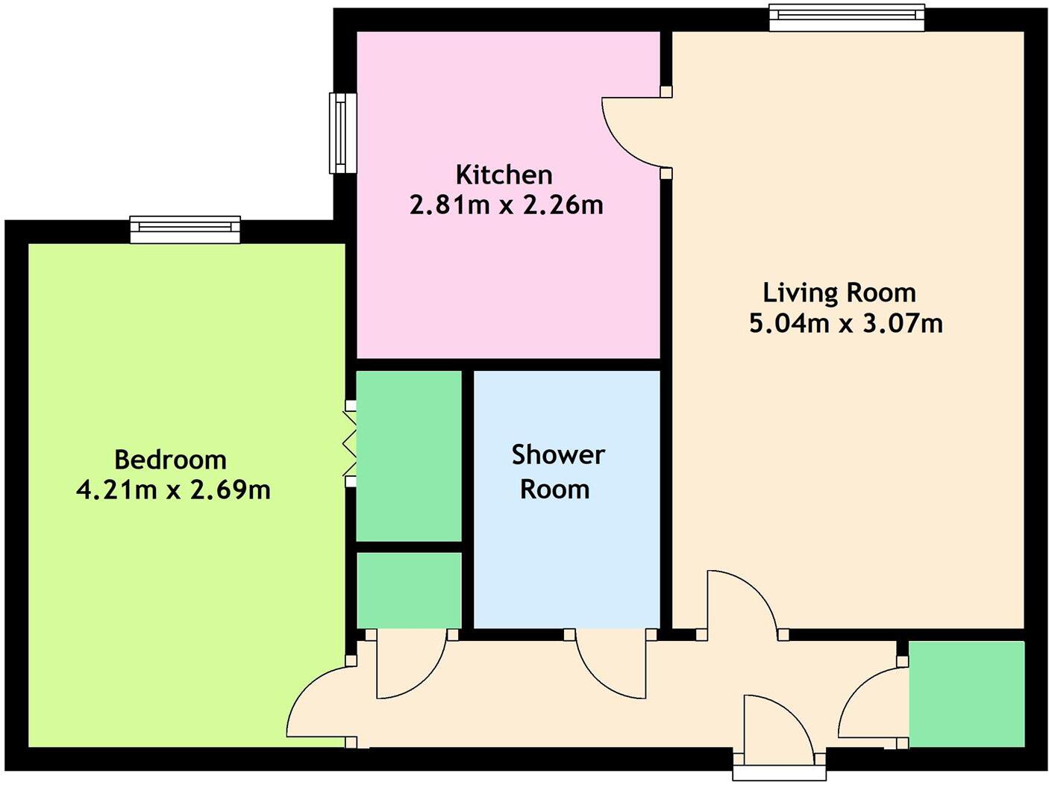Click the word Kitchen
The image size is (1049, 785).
504,175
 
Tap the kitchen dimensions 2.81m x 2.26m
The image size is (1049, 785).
506,204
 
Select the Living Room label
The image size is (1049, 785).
839,293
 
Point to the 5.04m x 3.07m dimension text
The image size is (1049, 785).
845,323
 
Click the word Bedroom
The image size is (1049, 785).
170,460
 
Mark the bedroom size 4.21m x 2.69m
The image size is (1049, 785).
173,490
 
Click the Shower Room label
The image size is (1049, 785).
557,472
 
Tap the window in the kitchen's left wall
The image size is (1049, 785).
342,133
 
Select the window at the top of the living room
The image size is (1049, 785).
846,18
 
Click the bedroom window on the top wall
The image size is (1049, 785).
185,229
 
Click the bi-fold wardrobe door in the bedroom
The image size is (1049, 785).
349,444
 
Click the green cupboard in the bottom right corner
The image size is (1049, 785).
966,693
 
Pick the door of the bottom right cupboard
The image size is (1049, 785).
869,705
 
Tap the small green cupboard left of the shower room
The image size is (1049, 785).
409,590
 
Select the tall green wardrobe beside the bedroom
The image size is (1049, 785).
409,455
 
